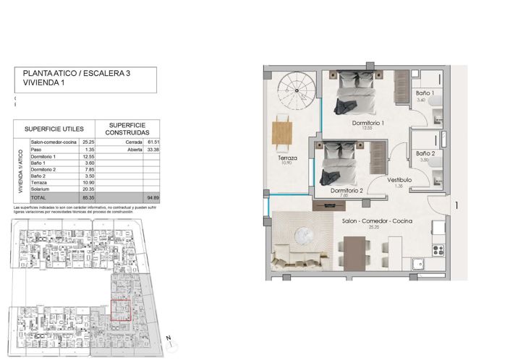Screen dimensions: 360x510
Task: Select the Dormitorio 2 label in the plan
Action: [345, 190]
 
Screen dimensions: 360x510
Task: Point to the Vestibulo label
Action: [399, 179]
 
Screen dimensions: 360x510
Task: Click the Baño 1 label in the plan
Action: [425, 94]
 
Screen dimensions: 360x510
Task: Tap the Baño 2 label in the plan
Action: [425, 153]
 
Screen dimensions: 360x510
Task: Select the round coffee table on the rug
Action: [305, 236]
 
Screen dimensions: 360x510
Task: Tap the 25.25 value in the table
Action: [89, 143]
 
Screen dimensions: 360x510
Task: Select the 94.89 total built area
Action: [151, 197]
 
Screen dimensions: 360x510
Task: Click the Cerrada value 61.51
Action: [151, 143]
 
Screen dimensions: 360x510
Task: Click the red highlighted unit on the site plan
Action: [120, 310]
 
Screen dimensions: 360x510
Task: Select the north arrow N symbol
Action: [167, 338]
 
